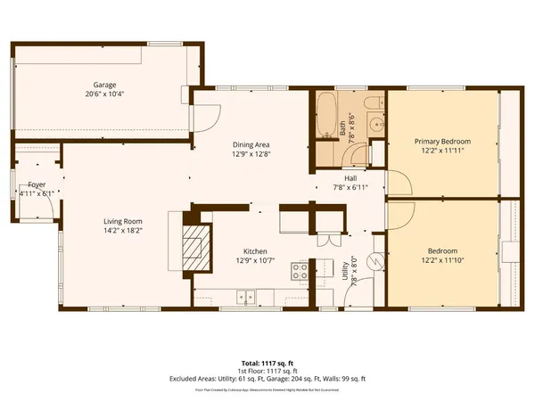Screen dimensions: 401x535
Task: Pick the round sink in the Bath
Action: pyautogui.click(x=375, y=125)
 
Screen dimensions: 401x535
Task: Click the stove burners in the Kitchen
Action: pyautogui.click(x=300, y=272)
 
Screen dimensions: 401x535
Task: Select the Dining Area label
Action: pyautogui.click(x=251, y=144)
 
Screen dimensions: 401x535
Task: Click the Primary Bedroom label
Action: pyautogui.click(x=443, y=142)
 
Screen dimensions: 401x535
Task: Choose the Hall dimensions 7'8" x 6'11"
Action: pyautogui.click(x=350, y=187)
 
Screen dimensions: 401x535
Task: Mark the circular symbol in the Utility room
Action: pyautogui.click(x=375, y=261)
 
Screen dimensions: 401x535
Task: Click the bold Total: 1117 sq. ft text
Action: pyautogui.click(x=267, y=364)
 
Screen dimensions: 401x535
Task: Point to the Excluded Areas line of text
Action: pyautogui.click(x=267, y=379)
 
